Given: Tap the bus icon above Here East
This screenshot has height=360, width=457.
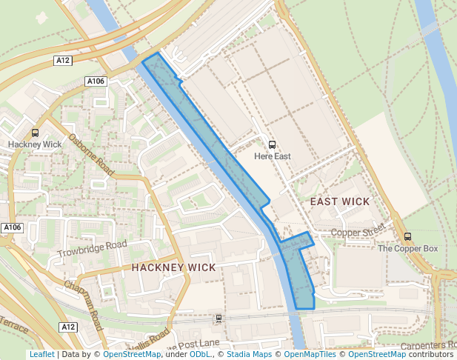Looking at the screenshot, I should coord(272,145).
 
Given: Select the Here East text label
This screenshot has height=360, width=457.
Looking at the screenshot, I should coord(272,156).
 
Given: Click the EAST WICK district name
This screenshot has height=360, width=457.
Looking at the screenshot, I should coord(339,201).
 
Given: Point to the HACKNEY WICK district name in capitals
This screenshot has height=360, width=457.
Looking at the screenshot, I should coord(173,267).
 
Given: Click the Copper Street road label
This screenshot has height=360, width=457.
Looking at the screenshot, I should coord(358,233).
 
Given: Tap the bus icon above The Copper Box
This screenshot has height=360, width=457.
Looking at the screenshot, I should coord(407,236).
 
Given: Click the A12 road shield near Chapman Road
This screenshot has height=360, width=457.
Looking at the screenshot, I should coord(69,327).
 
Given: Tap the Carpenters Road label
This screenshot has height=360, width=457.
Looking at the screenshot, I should coord(430,345).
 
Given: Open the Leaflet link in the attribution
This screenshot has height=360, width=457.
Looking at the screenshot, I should coord(41,354).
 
